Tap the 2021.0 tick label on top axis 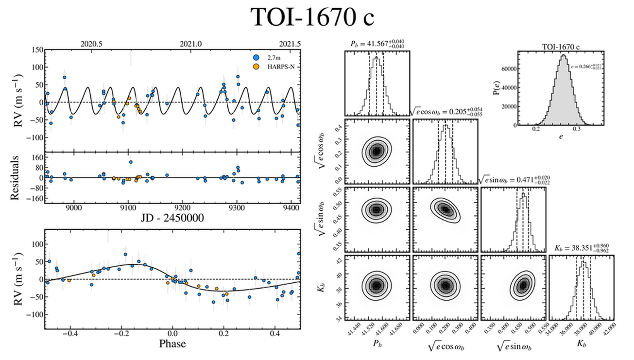190,43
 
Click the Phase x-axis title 172,344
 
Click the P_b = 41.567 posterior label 377,44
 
